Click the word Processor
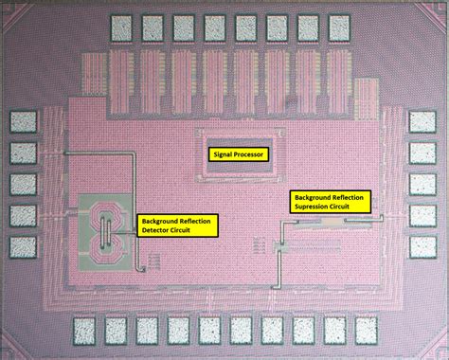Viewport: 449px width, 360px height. click(x=250, y=153)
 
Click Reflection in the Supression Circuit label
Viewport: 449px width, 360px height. click(x=348, y=196)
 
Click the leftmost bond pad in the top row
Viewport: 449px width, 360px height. click(x=122, y=27)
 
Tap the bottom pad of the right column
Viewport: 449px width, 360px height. click(x=421, y=246)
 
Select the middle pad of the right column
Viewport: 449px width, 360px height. click(x=421, y=185)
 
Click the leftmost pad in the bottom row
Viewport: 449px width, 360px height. click(x=85, y=330)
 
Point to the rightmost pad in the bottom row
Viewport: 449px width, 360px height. click(x=364, y=330)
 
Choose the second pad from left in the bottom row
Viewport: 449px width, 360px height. click(x=117, y=330)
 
